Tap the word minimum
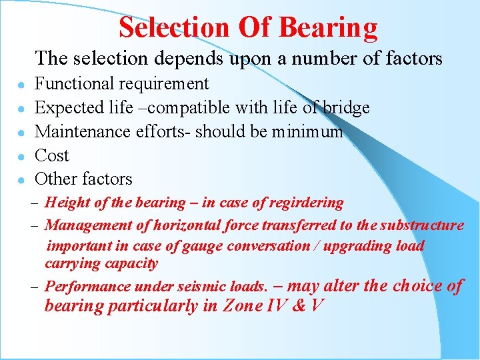[307, 132]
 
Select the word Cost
[51, 156]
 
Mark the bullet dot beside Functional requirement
[22, 85]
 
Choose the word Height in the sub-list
[66, 203]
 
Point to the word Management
[88, 225]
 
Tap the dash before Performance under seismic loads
[33, 287]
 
